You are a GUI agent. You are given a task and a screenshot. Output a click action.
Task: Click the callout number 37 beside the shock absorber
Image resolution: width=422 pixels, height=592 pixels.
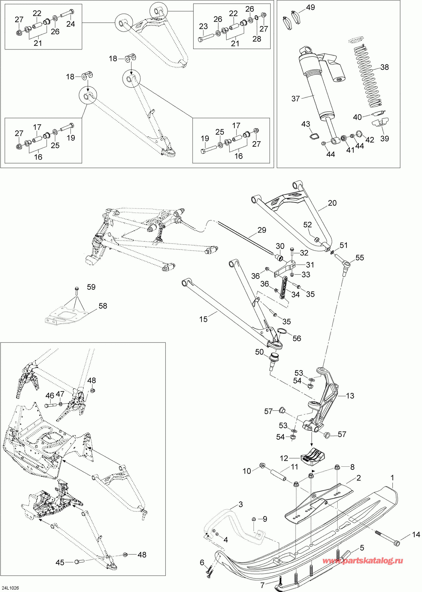296,99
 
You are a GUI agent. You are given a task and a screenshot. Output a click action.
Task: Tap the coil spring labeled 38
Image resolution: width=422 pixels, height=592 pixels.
369,75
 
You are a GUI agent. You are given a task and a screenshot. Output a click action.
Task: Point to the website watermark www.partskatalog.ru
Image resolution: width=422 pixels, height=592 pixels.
363,561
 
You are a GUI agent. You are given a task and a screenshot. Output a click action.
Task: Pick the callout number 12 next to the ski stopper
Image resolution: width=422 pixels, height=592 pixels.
284,458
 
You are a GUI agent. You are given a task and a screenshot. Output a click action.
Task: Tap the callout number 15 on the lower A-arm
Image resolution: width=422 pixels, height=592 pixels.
204,319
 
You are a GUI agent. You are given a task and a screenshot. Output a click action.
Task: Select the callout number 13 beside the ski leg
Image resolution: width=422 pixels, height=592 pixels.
350,396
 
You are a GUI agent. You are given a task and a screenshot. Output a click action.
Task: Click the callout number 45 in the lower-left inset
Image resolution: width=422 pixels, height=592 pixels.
60,563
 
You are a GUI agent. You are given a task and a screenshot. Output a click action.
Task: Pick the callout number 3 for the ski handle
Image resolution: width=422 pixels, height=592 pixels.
241,504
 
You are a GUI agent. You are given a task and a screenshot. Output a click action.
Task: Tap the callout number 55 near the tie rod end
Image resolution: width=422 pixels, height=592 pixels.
360,258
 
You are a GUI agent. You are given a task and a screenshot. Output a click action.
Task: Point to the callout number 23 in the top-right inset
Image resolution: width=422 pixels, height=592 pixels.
204,26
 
